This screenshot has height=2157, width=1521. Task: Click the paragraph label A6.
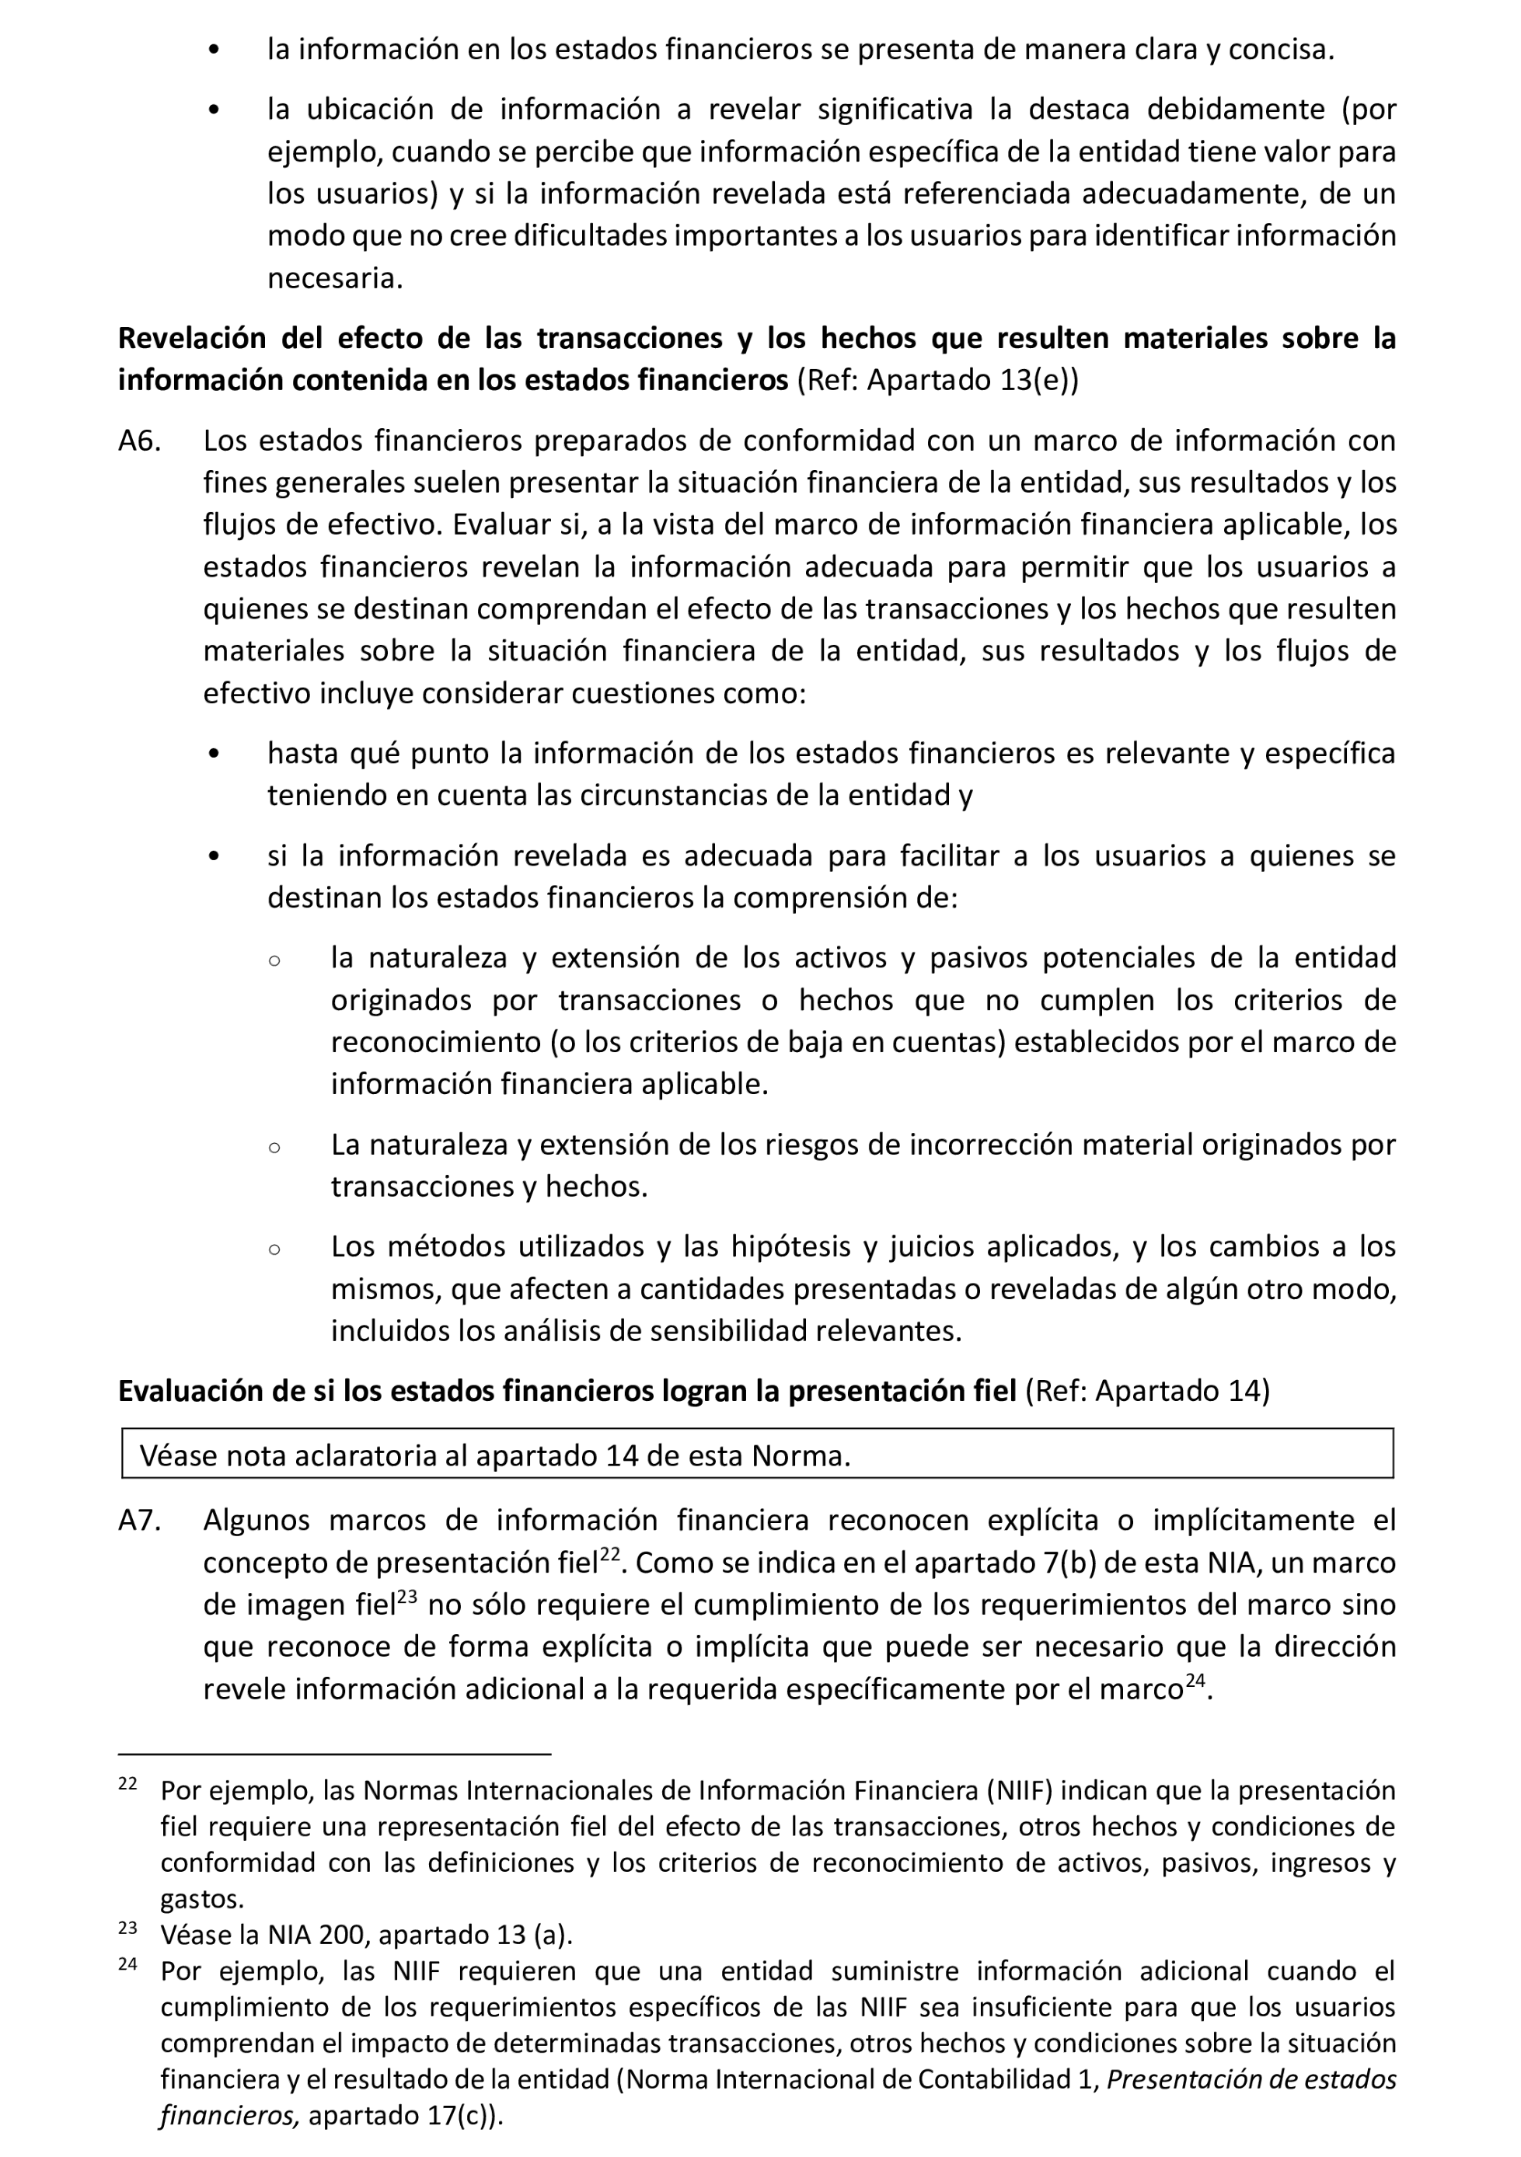139,441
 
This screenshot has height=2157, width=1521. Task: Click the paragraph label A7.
139,1519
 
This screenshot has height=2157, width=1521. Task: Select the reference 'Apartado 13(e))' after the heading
972,381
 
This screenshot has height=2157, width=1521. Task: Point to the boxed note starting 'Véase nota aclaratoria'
495,1455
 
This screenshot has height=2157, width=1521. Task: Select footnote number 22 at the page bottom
127,1784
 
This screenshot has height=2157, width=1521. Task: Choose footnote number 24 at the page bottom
127,1964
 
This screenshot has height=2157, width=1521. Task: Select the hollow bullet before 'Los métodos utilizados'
274,1249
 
